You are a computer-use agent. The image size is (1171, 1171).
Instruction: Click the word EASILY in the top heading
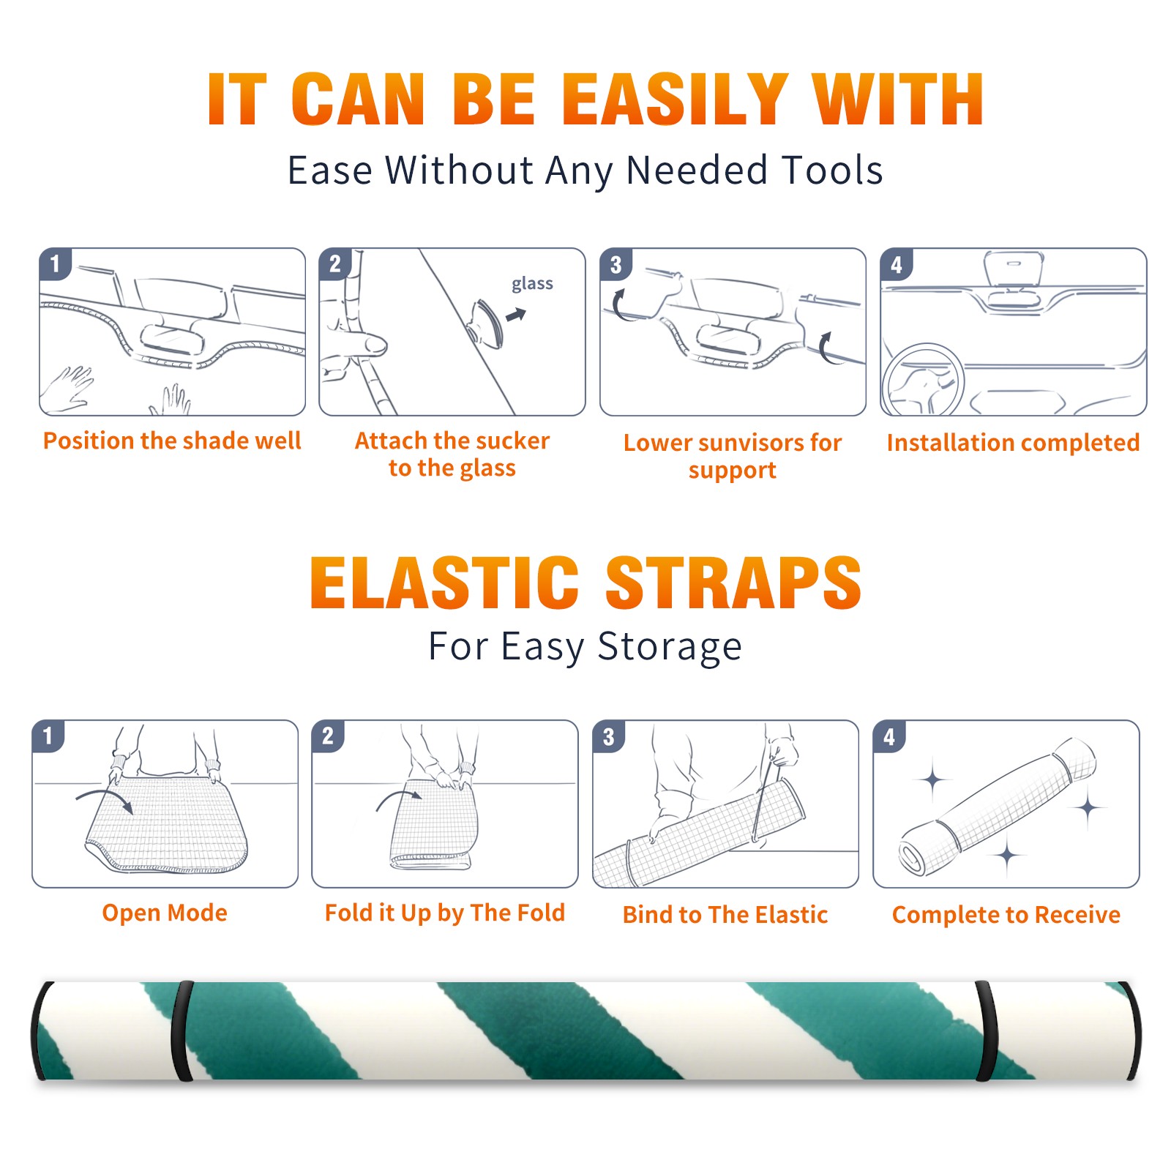coord(676,100)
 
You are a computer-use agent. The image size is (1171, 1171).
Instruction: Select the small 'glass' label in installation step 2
coord(532,284)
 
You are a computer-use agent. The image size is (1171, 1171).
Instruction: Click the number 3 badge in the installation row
coord(616,264)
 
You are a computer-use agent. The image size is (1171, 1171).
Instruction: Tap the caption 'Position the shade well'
coord(172,441)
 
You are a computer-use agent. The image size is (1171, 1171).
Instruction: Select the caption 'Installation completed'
coord(1013,443)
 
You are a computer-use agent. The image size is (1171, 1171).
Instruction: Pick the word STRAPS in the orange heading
coord(733,583)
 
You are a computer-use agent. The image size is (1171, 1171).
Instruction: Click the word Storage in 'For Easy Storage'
coord(670,647)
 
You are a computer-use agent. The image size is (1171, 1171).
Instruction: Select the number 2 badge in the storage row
coord(327,736)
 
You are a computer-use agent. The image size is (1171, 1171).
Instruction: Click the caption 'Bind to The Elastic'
coord(725,915)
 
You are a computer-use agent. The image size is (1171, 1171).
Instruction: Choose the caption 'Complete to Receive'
coord(1006,915)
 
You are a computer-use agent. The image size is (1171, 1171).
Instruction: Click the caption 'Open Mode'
coord(165,913)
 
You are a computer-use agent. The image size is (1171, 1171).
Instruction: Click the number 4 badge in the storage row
coord(888,736)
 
